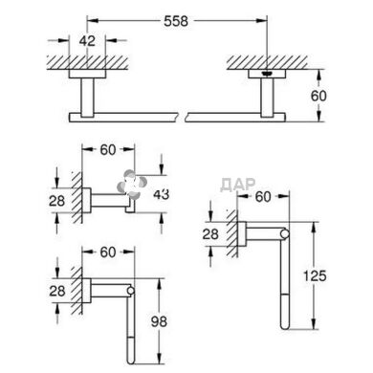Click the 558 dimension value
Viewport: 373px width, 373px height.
[x=176, y=21]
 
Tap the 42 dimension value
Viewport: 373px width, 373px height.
[x=87, y=41]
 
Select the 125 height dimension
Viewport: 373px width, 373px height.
[x=315, y=275]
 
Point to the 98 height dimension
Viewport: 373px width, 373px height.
[x=159, y=321]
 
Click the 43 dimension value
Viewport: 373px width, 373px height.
[x=161, y=194]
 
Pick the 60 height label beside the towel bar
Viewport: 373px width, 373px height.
[x=318, y=96]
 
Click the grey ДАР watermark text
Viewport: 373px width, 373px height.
[x=238, y=184]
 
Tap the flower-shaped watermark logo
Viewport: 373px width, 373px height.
[x=132, y=186]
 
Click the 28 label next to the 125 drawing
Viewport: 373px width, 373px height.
[x=210, y=234]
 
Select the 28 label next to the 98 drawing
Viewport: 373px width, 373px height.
[x=57, y=291]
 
